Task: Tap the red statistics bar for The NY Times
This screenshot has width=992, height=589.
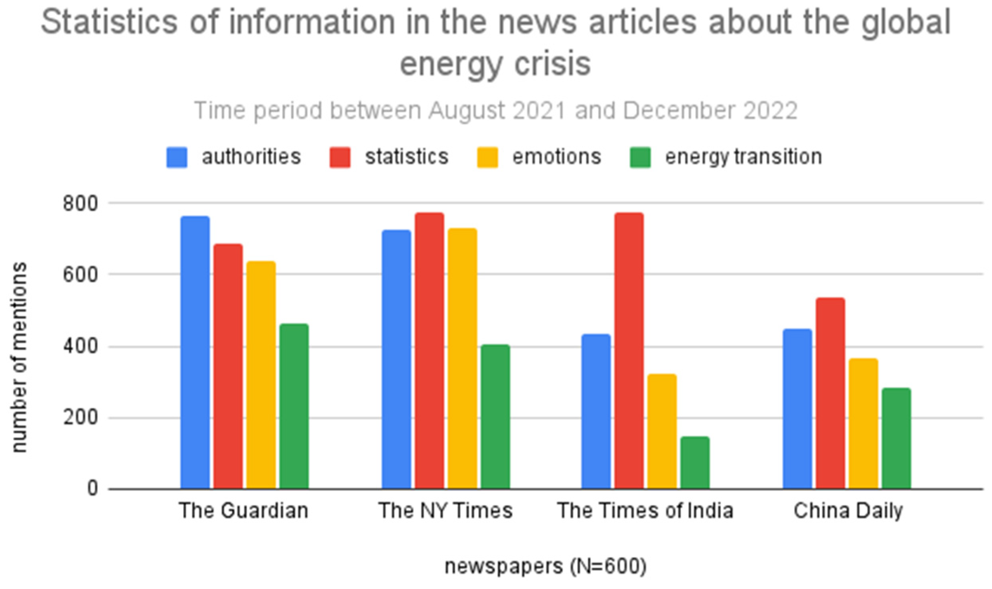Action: click(x=429, y=351)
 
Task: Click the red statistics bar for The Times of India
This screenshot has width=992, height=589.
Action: click(x=629, y=351)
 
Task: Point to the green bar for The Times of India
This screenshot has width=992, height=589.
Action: click(x=695, y=463)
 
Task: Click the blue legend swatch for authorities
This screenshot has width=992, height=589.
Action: click(x=177, y=157)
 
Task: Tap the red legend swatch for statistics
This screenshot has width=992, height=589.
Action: click(x=340, y=157)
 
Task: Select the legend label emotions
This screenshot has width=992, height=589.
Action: click(x=556, y=156)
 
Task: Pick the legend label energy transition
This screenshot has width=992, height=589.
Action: click(x=743, y=156)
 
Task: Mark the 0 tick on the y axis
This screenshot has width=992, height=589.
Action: click(x=93, y=488)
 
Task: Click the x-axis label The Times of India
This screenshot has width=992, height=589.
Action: click(x=645, y=511)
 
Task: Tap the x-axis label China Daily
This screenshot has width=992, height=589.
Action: click(x=848, y=511)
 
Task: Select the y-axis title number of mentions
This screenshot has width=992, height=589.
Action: click(x=19, y=357)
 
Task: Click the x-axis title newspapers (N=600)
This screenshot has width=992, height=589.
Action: click(x=545, y=566)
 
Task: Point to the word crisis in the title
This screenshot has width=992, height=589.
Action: click(x=552, y=64)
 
